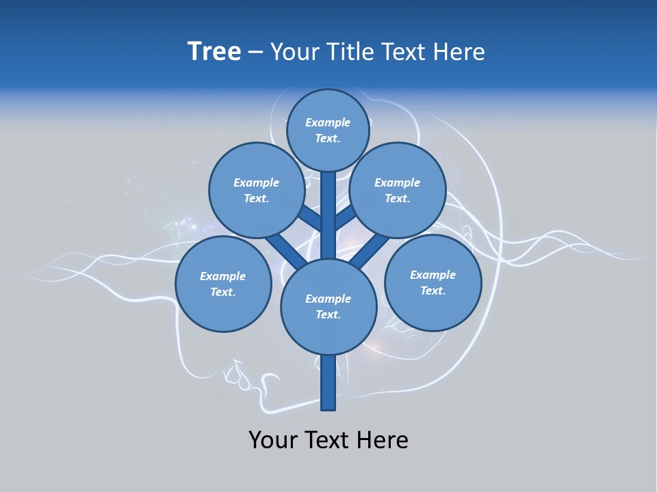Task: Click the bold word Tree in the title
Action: click(214, 51)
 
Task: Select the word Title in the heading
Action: click(348, 52)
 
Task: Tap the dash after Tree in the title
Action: click(255, 53)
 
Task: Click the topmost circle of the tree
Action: click(328, 130)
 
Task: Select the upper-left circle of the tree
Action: click(256, 190)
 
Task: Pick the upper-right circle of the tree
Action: click(398, 190)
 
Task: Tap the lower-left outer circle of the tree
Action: click(223, 284)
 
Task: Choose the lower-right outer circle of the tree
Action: click(433, 282)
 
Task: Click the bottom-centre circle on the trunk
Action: click(328, 307)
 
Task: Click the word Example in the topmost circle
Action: click(328, 122)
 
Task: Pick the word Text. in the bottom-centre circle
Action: click(328, 314)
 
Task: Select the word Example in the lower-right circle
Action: click(433, 275)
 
